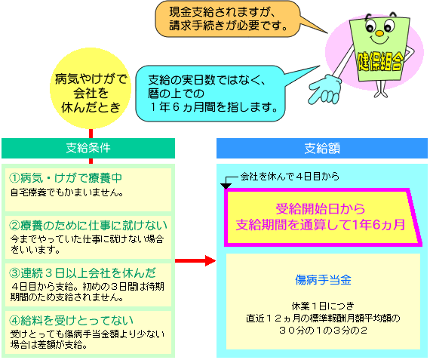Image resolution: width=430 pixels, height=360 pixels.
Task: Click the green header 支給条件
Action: [x=88, y=148]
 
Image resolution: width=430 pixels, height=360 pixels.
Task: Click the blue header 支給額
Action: [x=322, y=148]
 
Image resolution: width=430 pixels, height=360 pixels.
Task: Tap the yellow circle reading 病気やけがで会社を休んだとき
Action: [x=91, y=88]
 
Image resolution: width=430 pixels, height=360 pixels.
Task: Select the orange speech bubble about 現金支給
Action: [x=228, y=19]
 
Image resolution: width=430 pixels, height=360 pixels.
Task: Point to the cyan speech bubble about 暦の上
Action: [x=211, y=94]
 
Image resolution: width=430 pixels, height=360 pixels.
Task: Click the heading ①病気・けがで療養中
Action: [x=66, y=178]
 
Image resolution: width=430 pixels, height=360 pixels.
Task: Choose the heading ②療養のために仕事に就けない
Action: [x=88, y=226]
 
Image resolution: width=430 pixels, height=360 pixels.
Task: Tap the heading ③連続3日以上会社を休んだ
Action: [x=82, y=273]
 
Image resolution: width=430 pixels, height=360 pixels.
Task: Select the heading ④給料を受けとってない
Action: [x=71, y=320]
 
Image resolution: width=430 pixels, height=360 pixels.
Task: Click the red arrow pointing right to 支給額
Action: [x=195, y=260]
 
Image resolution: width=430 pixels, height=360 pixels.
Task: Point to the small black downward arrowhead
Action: [x=226, y=186]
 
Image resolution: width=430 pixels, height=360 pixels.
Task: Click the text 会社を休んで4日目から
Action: [x=290, y=177]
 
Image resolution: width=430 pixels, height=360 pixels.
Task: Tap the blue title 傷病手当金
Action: [x=323, y=280]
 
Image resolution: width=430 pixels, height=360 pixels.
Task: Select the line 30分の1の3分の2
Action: [x=323, y=330]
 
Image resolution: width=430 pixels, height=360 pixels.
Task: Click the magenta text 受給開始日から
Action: [x=321, y=209]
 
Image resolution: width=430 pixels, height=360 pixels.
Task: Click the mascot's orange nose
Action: [x=379, y=33]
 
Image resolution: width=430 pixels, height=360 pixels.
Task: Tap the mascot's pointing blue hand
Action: [x=325, y=89]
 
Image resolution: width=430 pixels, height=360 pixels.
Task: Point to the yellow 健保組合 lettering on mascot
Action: [x=380, y=61]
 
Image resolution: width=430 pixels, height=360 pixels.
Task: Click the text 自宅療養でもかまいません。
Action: [x=67, y=192]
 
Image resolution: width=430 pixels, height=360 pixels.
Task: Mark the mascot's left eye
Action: [x=370, y=26]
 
